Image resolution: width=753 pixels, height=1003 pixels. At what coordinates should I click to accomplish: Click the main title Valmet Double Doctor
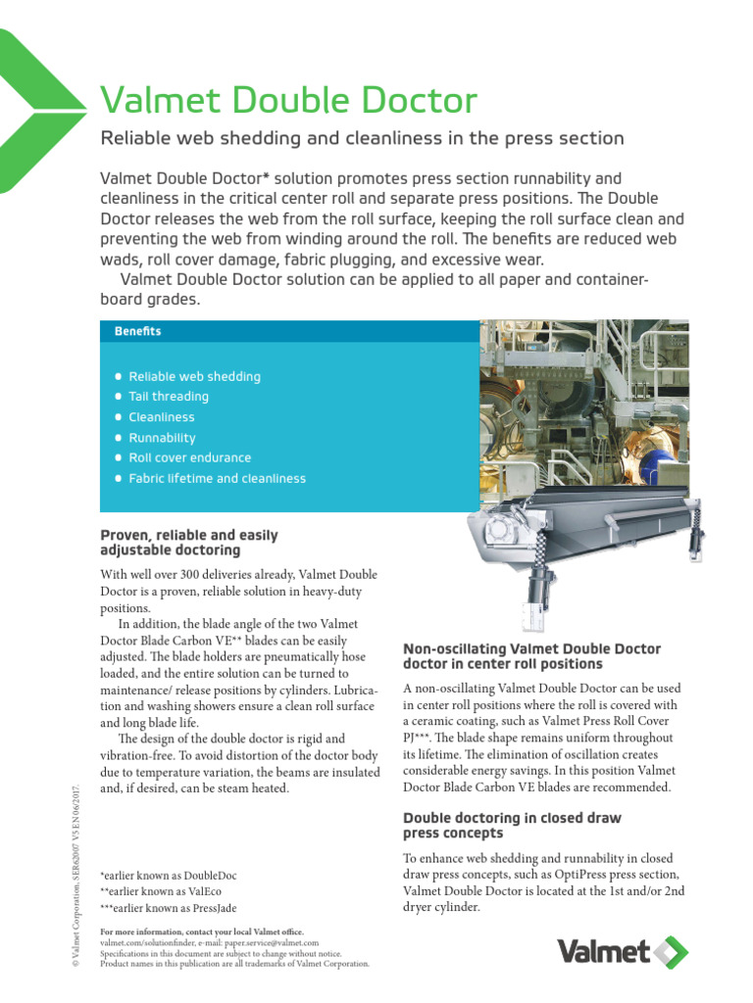pos(289,100)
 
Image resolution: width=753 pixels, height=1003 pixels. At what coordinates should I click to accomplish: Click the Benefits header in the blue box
pos(137,331)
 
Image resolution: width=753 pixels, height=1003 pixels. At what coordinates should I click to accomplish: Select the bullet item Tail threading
pos(169,397)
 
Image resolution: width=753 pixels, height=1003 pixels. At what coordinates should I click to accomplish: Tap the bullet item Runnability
pos(162,438)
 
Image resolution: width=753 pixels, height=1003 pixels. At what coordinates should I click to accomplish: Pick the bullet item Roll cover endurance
pos(189,457)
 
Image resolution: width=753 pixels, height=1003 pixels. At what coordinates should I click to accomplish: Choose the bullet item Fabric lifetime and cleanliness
pos(217,479)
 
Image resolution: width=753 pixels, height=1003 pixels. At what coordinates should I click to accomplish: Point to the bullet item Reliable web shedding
pos(194,376)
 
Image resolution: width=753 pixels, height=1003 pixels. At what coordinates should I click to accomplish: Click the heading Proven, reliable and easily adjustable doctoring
pos(189,543)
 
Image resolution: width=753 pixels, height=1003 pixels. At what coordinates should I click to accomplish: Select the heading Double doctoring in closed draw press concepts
pos(512,826)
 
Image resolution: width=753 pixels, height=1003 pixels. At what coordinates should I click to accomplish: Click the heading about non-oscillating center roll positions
pos(532,656)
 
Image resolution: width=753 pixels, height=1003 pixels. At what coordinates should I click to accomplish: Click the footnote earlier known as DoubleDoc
pos(169,875)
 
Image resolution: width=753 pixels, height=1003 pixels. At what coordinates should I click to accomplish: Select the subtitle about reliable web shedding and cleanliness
pos(363,138)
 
